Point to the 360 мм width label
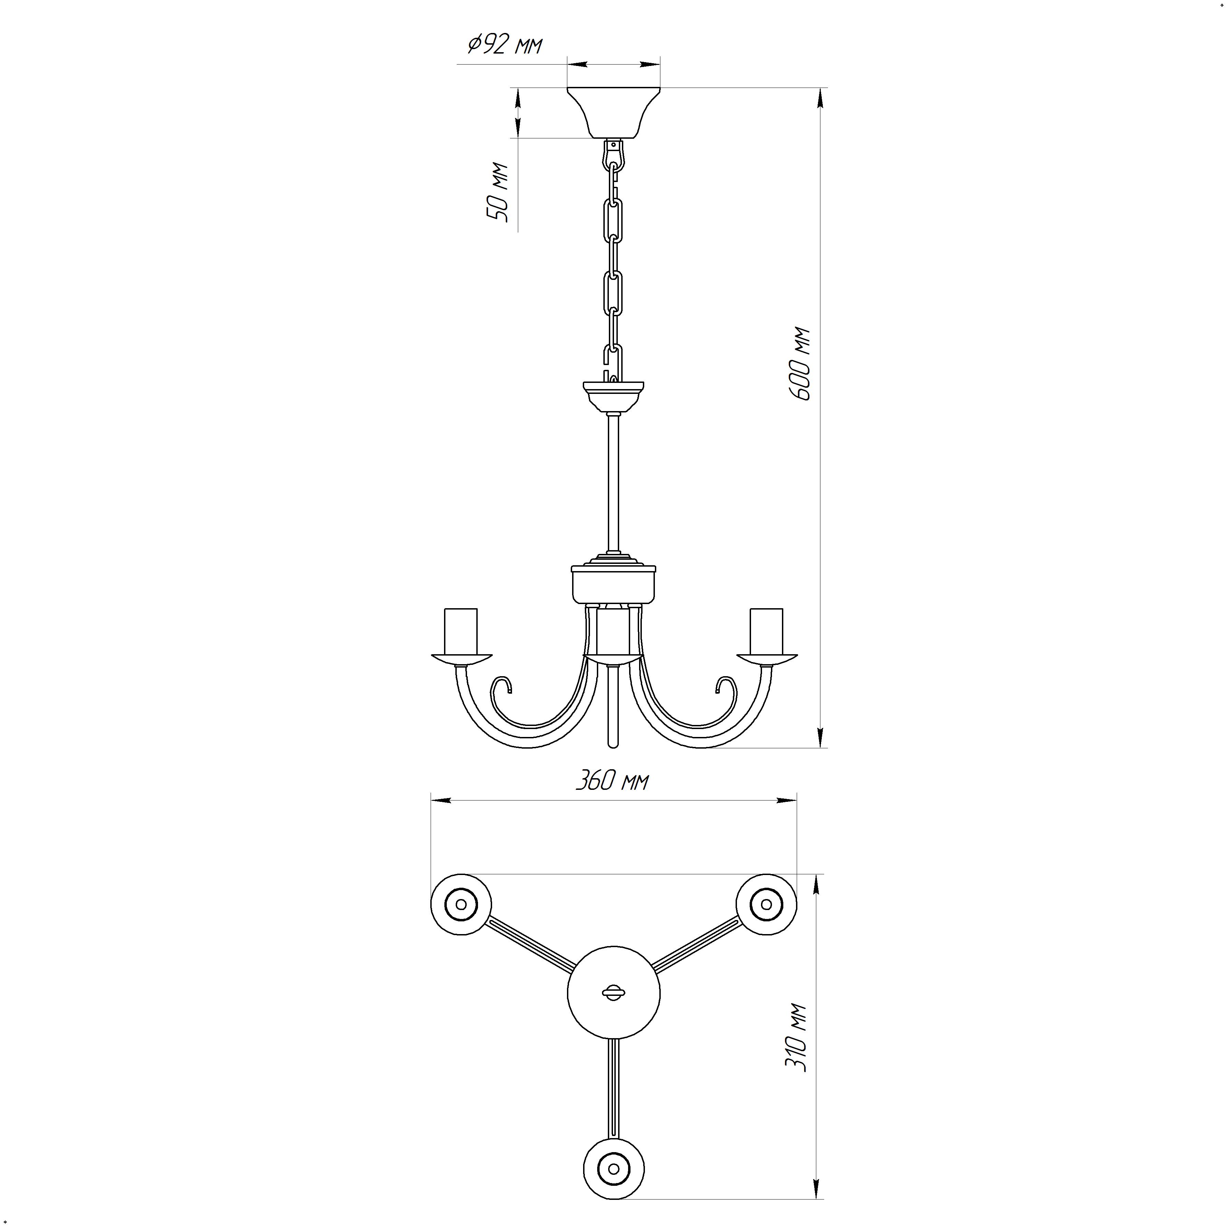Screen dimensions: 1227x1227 [612, 781]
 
